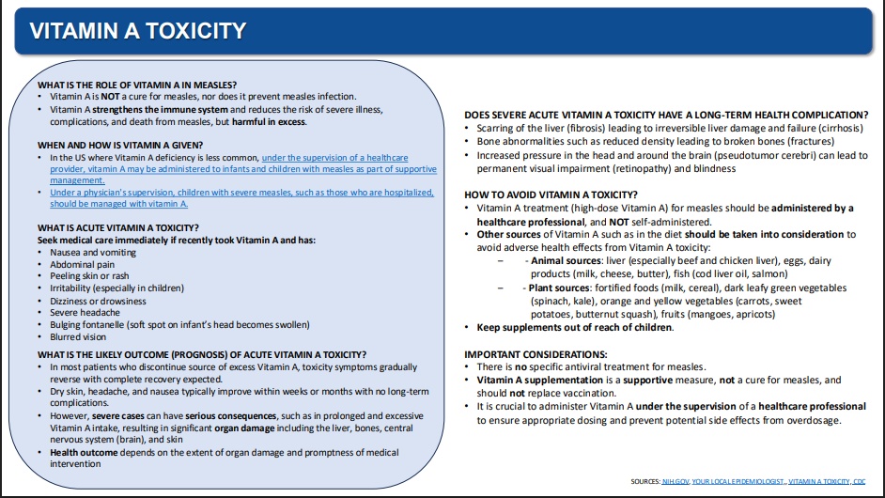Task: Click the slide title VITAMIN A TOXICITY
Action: pos(138,31)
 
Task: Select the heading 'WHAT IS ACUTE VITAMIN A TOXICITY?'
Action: pos(117,227)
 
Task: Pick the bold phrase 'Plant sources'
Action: pos(556,288)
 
